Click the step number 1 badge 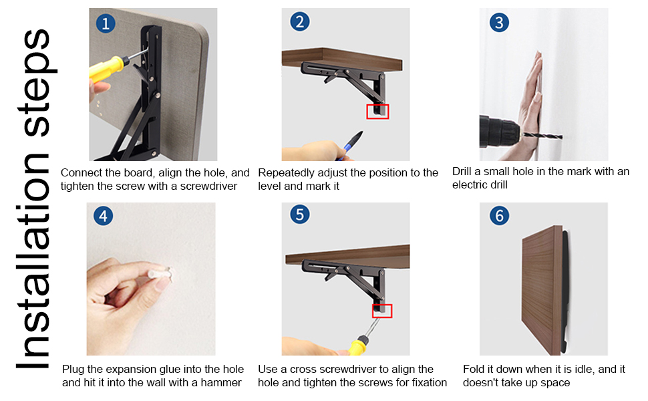(x=105, y=24)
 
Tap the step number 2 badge (x=300, y=22)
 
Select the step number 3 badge (x=498, y=23)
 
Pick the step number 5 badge (x=300, y=215)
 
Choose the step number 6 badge (x=498, y=216)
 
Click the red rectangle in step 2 (x=377, y=111)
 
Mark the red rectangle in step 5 (x=381, y=311)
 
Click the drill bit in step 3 (x=542, y=136)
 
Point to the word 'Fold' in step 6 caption (x=475, y=369)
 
